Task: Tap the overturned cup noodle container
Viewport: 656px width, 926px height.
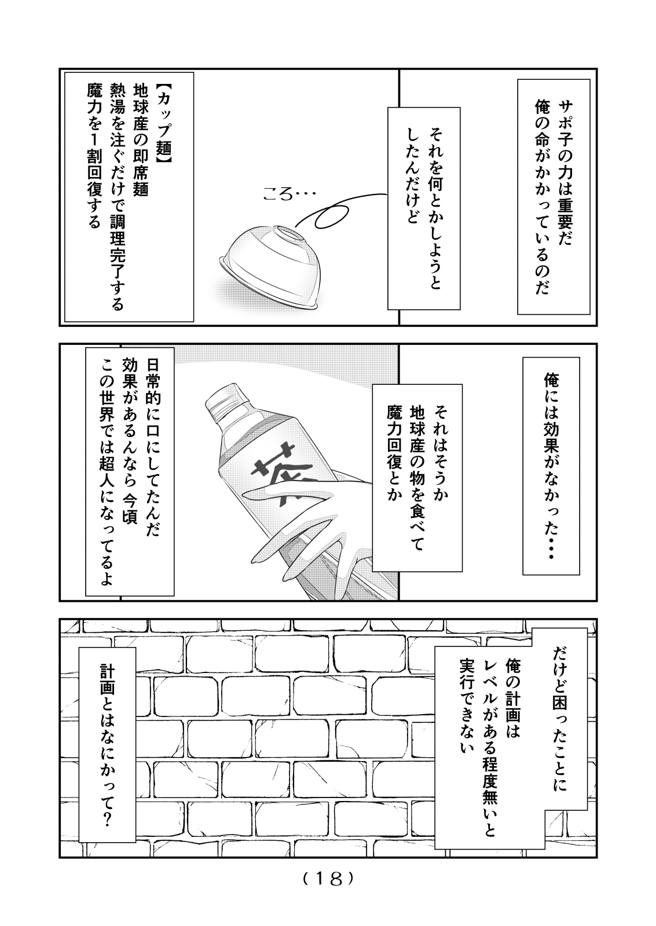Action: (270, 267)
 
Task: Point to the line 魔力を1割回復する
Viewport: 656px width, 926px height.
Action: (94, 156)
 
